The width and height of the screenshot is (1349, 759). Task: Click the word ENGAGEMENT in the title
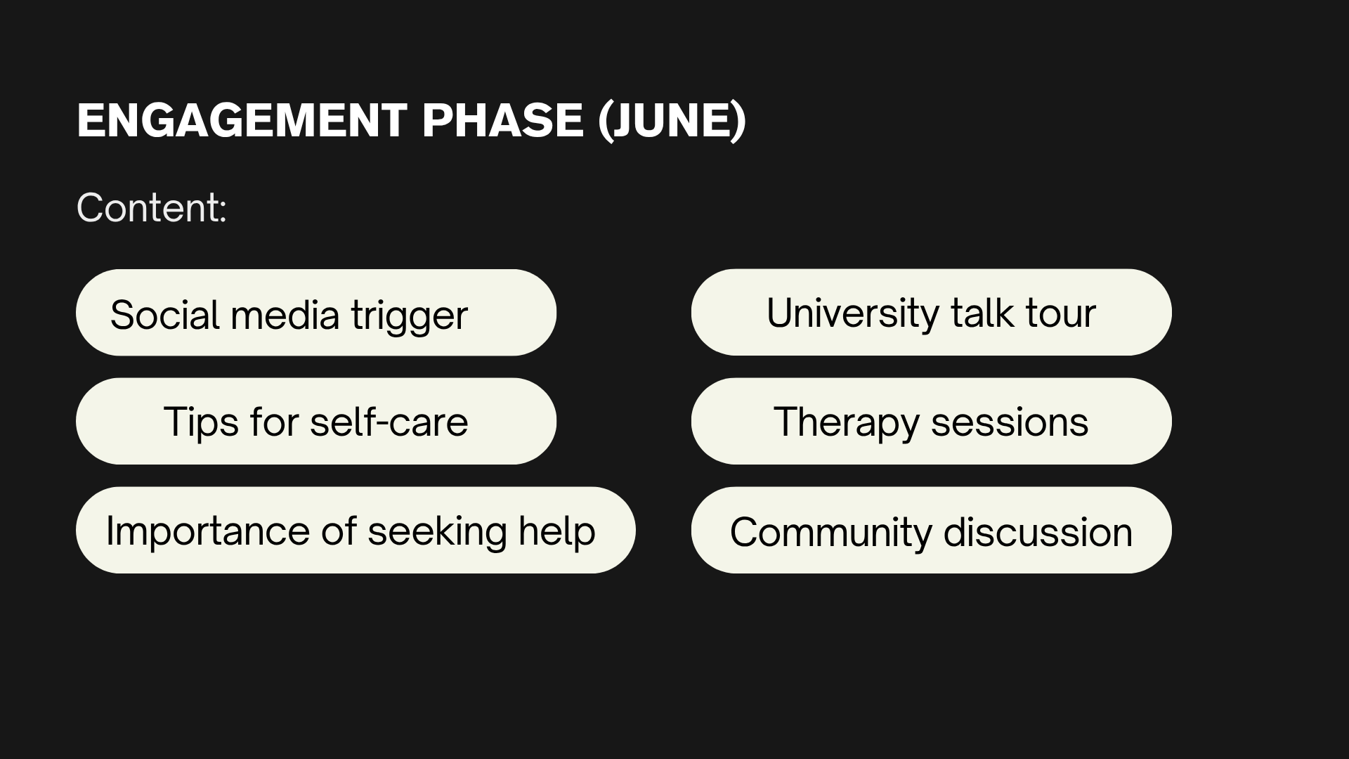click(x=242, y=120)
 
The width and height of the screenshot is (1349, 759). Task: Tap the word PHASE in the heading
click(x=502, y=120)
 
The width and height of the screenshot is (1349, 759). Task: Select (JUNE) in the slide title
click(x=672, y=122)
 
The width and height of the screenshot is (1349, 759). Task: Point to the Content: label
click(x=152, y=208)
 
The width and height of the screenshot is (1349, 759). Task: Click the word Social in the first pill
click(x=166, y=314)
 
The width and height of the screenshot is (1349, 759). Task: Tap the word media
click(x=285, y=315)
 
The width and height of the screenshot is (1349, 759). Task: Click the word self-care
click(x=389, y=422)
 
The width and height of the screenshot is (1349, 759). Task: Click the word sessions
click(x=1010, y=423)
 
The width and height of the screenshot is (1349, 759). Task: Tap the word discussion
click(x=1038, y=533)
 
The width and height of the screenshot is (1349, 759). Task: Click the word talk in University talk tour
click(x=982, y=313)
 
